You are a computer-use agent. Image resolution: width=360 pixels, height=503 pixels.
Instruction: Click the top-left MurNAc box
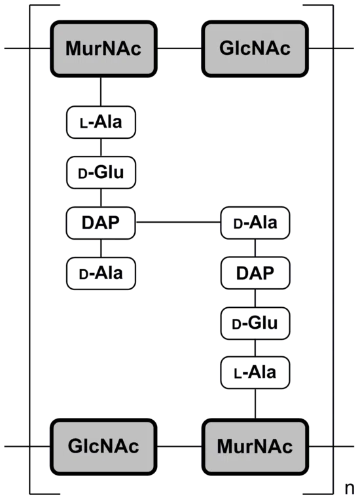(x=103, y=48)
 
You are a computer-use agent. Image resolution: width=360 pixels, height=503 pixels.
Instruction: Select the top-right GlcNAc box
(x=255, y=48)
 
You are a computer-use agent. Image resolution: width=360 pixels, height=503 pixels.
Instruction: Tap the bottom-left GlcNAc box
(x=103, y=447)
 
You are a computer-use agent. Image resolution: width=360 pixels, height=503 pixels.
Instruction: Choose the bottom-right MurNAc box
(x=255, y=447)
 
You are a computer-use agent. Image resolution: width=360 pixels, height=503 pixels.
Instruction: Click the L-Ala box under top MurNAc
(x=101, y=122)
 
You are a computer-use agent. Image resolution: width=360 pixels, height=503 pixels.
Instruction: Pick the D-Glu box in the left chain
(x=101, y=173)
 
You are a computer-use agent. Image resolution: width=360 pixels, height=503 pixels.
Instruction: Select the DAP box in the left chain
(x=101, y=223)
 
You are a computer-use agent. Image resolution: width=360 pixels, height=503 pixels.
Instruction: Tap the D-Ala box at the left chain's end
(x=101, y=273)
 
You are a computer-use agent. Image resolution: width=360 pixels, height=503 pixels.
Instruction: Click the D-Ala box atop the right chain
(x=255, y=223)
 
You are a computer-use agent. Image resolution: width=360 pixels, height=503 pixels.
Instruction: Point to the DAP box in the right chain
(x=255, y=273)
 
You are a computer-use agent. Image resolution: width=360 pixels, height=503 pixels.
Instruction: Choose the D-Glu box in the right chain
(x=255, y=324)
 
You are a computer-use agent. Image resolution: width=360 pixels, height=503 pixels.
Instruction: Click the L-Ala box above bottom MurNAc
(x=255, y=373)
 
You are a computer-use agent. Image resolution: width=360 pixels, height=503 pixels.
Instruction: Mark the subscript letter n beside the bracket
(x=350, y=488)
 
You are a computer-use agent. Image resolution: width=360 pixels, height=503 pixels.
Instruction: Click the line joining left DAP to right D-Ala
(x=178, y=222)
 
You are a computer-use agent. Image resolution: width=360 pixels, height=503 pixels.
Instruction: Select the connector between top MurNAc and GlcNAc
(x=179, y=48)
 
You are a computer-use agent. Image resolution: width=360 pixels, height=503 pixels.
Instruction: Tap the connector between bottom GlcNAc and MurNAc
(x=179, y=447)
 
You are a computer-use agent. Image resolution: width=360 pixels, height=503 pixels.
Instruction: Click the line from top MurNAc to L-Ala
(x=101, y=92)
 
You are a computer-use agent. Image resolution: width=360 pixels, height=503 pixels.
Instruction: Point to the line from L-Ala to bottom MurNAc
(x=255, y=403)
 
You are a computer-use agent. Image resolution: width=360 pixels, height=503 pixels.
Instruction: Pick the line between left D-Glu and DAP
(x=101, y=198)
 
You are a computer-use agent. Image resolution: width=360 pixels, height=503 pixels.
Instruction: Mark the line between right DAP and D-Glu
(x=255, y=299)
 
